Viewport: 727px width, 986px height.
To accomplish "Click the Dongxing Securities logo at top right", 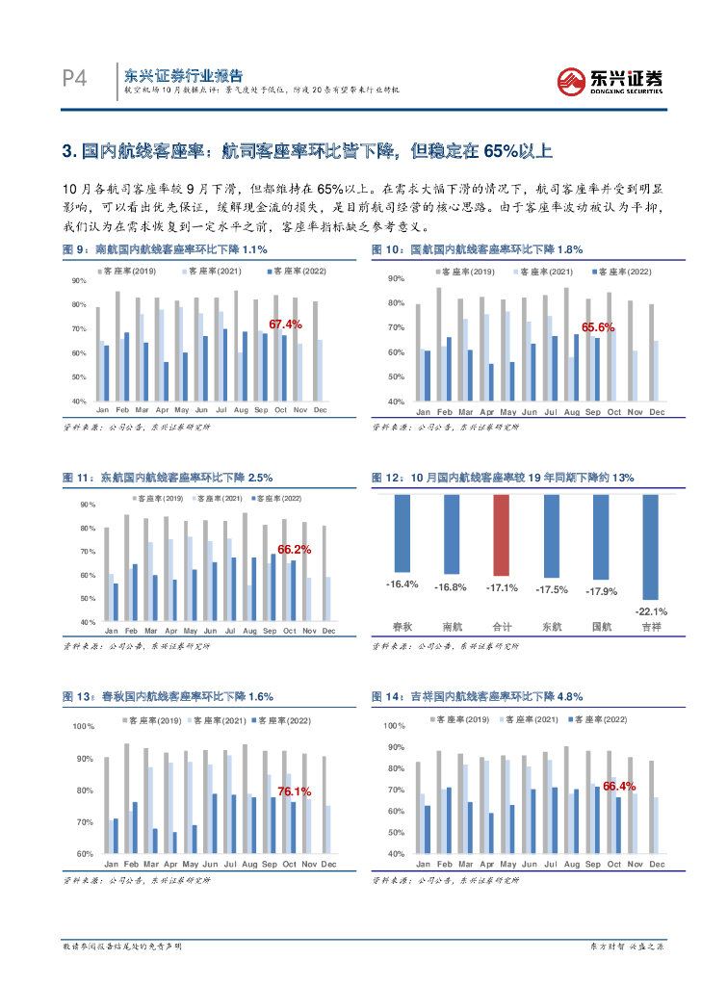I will [611, 80].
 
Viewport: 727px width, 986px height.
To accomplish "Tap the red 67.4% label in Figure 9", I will [285, 324].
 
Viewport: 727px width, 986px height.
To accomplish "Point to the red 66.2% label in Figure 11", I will [294, 549].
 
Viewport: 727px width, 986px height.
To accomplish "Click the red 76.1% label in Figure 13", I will [294, 791].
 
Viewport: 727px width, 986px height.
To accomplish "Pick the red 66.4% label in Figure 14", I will [619, 787].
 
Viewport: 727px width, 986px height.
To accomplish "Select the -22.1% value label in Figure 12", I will [652, 610].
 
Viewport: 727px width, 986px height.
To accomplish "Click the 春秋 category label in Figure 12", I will [402, 627].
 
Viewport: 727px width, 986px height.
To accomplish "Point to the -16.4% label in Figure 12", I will [402, 584].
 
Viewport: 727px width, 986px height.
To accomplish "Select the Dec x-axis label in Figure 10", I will [657, 412].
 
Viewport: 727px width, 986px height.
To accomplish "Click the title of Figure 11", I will [169, 477].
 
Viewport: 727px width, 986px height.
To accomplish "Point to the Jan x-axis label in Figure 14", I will [421, 865].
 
